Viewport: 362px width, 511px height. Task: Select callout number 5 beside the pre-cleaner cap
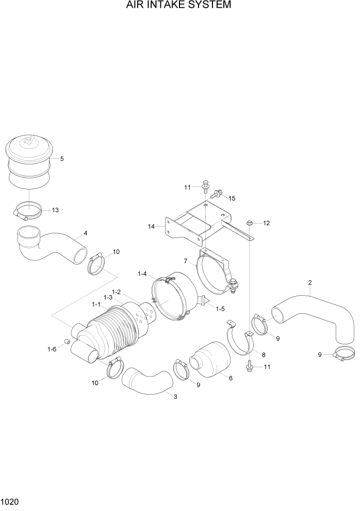62,159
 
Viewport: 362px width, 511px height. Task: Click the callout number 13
55,210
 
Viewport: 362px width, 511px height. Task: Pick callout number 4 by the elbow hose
85,233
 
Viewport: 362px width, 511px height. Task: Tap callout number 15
232,198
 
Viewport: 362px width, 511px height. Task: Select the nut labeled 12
250,223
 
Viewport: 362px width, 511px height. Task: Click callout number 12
266,223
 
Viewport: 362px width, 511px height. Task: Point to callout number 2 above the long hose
309,282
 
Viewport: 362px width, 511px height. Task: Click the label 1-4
142,273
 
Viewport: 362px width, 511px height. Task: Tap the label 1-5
220,309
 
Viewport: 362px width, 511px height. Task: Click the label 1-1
96,305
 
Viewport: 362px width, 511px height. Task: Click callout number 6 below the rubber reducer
230,378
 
